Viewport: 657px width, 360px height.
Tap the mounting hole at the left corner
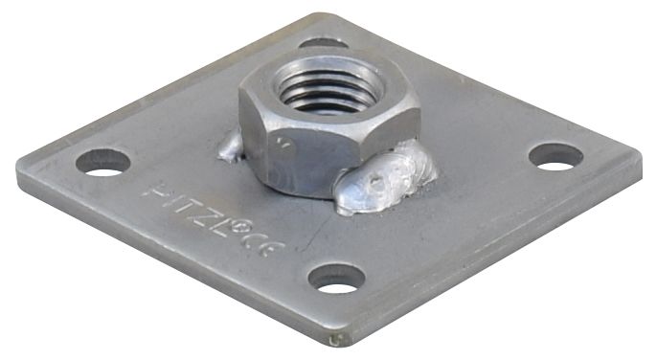coord(102,162)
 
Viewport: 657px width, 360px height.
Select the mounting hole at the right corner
coord(555,156)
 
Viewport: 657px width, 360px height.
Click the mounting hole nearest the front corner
coord(337,278)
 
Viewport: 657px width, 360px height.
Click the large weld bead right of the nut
coord(388,177)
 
